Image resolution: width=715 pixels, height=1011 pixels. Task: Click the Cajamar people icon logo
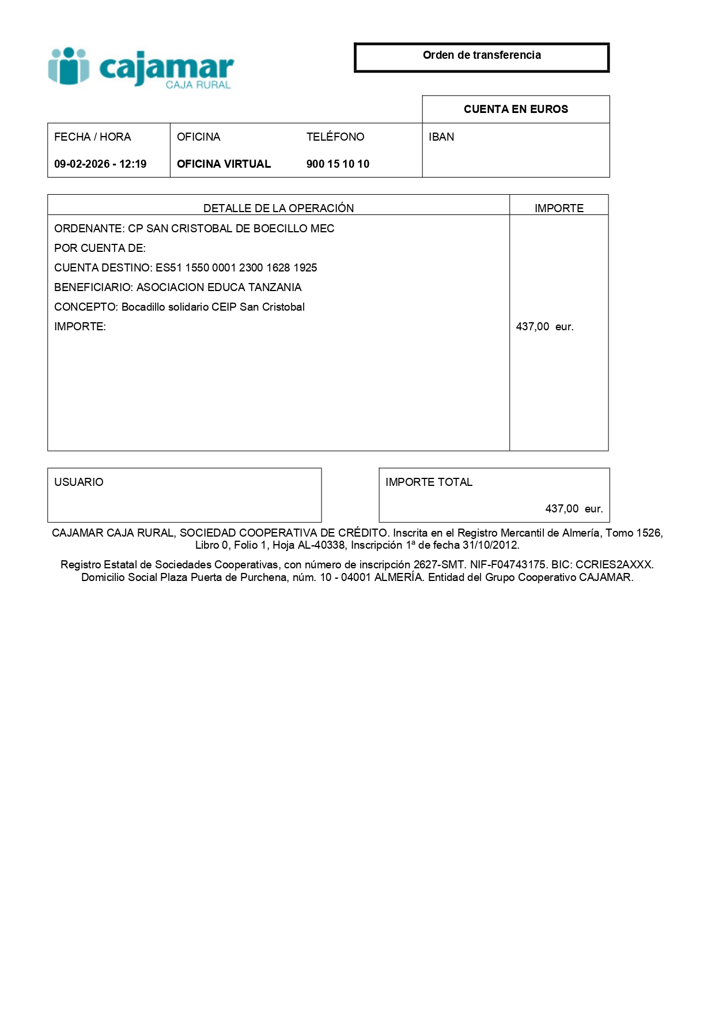click(x=69, y=66)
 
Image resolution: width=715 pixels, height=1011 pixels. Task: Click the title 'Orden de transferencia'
click(x=482, y=55)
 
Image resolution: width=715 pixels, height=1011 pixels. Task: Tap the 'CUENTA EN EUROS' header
click(x=516, y=110)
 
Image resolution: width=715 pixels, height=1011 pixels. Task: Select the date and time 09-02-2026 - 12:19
click(x=100, y=164)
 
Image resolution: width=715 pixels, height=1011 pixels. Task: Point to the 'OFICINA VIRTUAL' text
click(x=224, y=164)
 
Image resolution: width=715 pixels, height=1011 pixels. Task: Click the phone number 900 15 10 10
click(x=338, y=164)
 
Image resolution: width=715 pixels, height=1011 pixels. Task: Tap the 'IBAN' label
click(x=441, y=137)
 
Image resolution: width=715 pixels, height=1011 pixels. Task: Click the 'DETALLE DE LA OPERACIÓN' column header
click(x=278, y=208)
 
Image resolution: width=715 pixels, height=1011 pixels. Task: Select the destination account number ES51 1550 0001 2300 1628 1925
click(x=236, y=268)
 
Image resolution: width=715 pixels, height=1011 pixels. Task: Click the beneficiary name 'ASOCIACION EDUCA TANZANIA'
click(x=219, y=288)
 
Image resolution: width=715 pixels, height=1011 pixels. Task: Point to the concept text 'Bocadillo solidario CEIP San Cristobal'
click(x=213, y=307)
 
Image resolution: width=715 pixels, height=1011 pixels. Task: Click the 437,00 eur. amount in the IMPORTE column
click(x=544, y=327)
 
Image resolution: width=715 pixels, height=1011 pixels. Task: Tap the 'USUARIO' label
click(x=79, y=482)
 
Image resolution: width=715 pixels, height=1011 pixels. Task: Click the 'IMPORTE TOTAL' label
click(x=429, y=482)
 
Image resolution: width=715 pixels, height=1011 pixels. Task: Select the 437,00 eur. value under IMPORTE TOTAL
click(x=574, y=509)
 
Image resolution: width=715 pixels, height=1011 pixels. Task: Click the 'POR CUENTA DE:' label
click(x=100, y=248)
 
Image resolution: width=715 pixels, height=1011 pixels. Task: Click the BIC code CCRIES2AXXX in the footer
click(x=614, y=565)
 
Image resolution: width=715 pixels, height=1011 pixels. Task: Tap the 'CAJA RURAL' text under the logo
click(x=198, y=85)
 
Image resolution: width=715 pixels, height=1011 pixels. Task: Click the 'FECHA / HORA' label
click(x=92, y=137)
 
